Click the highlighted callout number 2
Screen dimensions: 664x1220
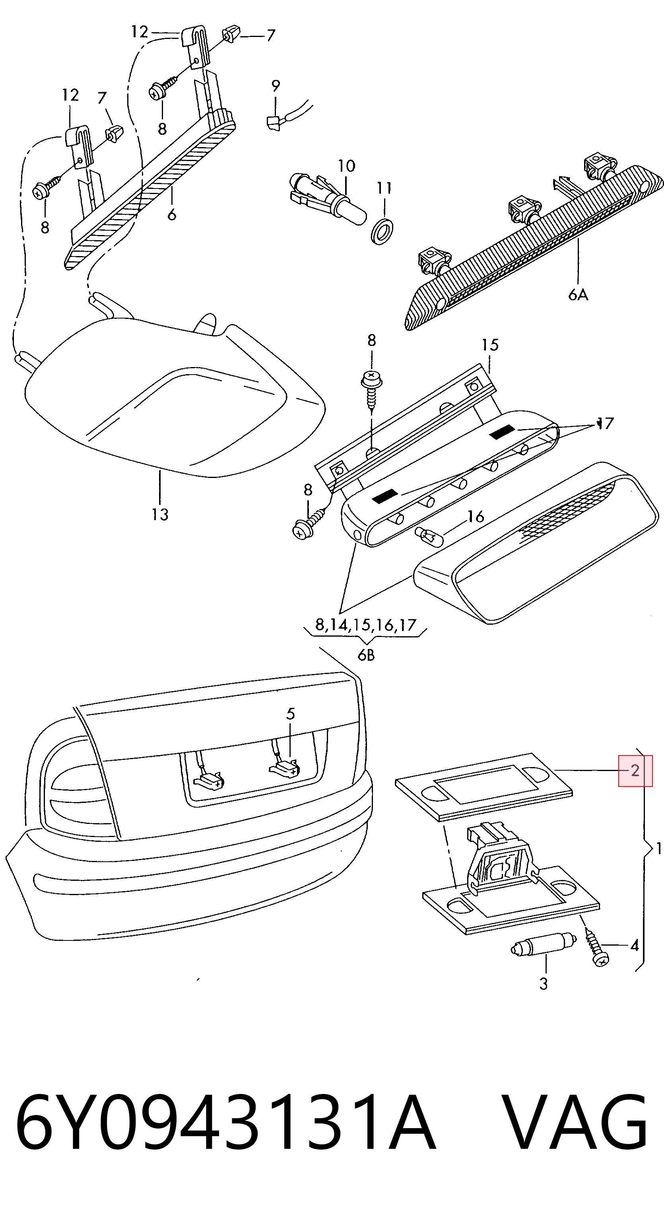click(635, 771)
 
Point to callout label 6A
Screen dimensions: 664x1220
click(578, 295)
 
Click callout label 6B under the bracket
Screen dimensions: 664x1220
click(366, 655)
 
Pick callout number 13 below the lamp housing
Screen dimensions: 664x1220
click(160, 514)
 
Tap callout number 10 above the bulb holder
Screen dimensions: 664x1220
click(346, 166)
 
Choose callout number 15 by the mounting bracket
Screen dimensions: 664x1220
click(490, 345)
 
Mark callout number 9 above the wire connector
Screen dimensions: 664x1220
click(276, 86)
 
